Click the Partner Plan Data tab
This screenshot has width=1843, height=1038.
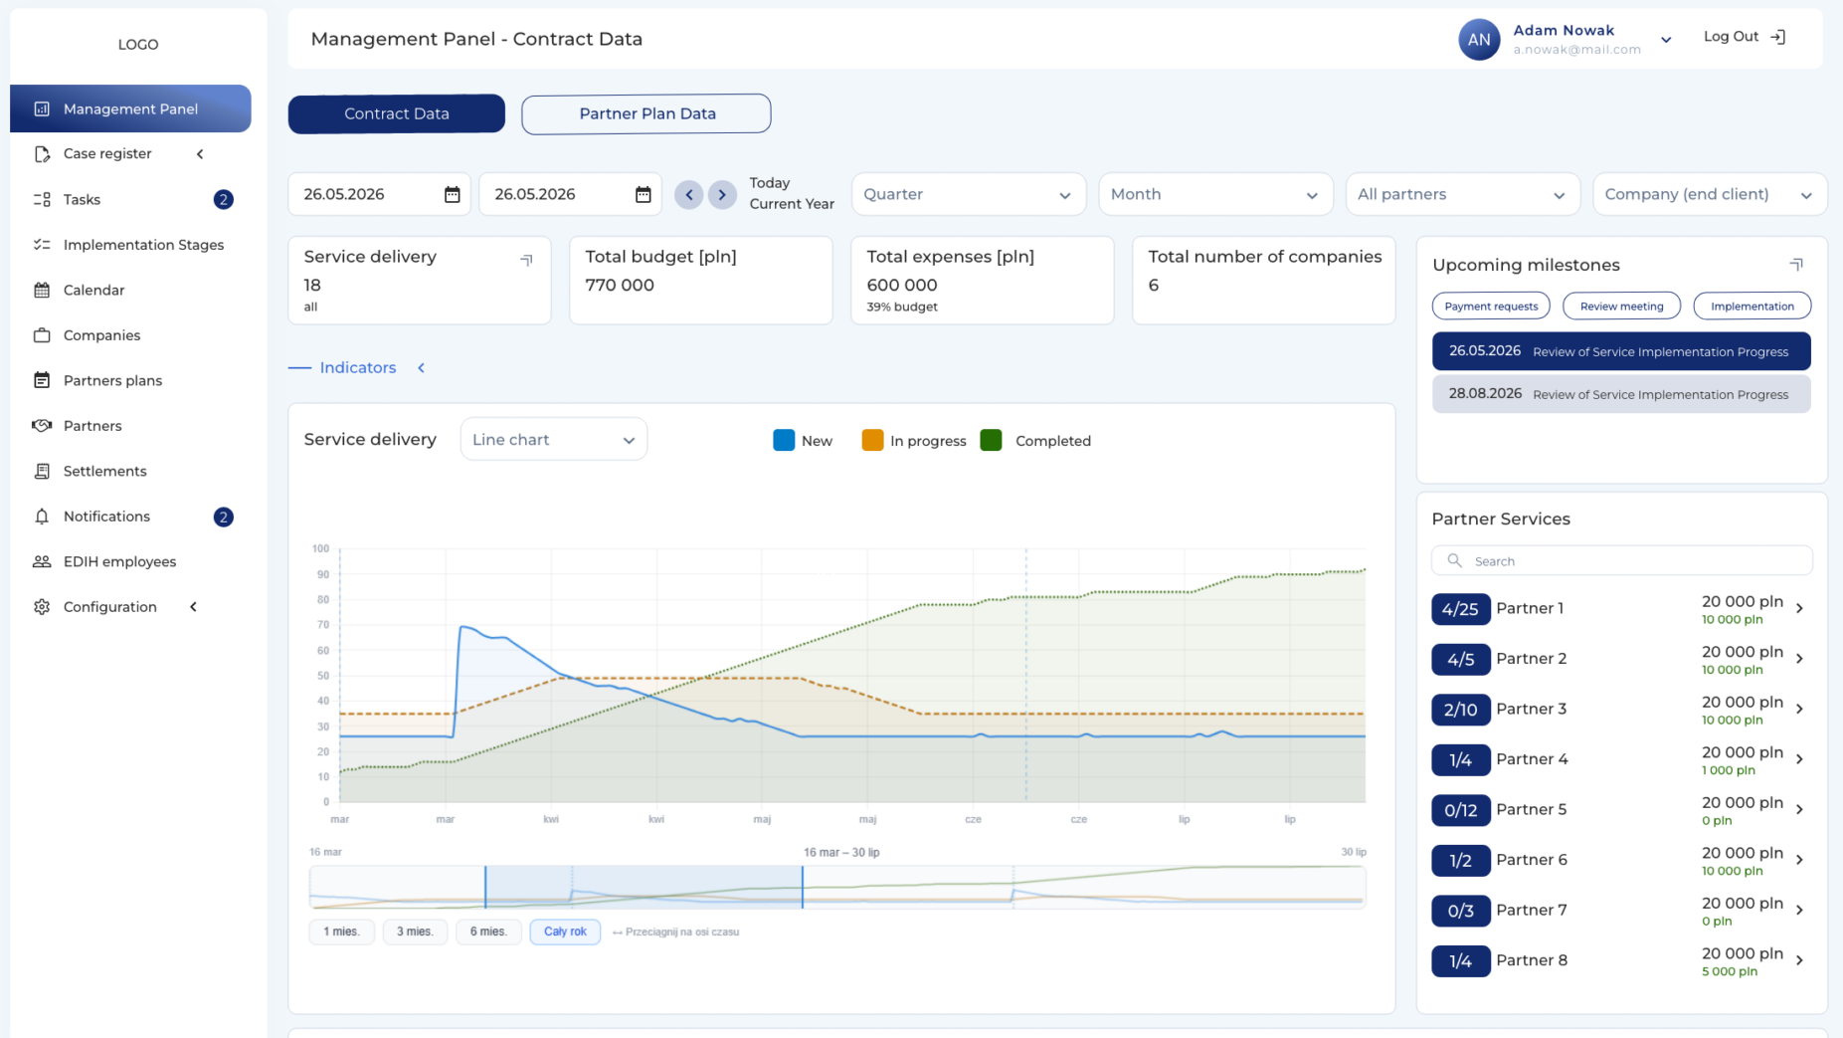click(646, 113)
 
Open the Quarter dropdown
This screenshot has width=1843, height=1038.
click(968, 194)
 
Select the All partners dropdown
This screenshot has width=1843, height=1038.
click(1462, 194)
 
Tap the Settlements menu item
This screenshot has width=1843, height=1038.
click(104, 471)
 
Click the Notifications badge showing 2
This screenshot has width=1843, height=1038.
click(224, 517)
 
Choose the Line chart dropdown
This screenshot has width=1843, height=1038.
click(554, 440)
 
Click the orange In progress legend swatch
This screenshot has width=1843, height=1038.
click(872, 440)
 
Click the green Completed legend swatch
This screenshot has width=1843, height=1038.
click(991, 440)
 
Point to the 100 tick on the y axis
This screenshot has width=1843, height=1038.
click(320, 548)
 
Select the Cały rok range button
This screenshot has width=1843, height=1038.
click(565, 932)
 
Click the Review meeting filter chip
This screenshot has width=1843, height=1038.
click(1621, 306)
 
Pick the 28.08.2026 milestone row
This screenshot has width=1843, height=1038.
click(1621, 394)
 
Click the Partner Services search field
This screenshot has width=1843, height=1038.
click(1621, 561)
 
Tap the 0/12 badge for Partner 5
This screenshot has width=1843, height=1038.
click(1460, 809)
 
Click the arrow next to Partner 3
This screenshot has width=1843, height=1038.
click(1800, 709)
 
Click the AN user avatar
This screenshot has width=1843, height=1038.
click(1479, 40)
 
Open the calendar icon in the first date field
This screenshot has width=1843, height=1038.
click(453, 194)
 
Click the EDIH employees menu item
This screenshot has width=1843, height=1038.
click(119, 561)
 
